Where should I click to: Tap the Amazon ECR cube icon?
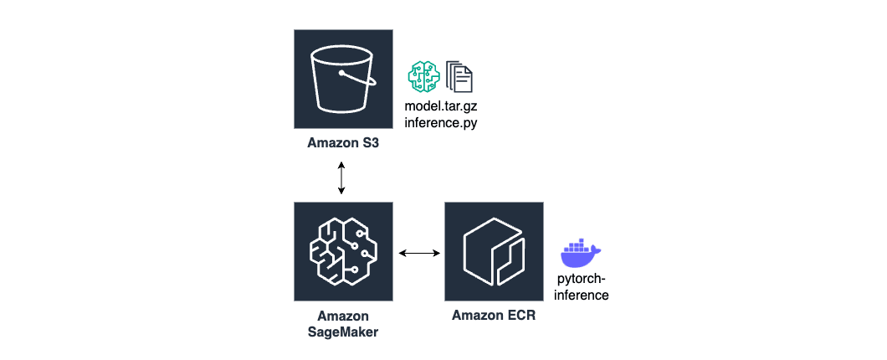coord(494,251)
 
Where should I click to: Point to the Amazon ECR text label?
coord(494,316)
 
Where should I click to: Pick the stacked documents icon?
coord(459,76)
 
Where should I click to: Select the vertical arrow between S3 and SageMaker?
coord(341,177)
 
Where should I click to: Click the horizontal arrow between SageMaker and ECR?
coord(419,252)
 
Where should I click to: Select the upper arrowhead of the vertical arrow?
coord(341,164)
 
